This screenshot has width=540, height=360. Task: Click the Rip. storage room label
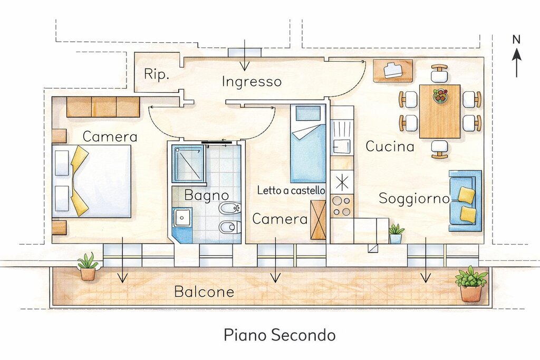click(156, 74)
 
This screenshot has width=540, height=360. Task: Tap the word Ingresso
click(252, 82)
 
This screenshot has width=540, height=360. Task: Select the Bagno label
click(207, 195)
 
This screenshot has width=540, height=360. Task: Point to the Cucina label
click(390, 147)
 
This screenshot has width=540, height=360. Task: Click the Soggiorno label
click(414, 199)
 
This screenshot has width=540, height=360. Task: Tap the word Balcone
click(204, 292)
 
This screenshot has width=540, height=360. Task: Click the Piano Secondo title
click(279, 335)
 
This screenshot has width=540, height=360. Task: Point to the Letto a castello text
click(291, 190)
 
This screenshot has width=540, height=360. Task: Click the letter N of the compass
click(516, 40)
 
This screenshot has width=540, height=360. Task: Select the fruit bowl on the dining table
click(440, 95)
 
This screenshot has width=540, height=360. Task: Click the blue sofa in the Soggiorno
click(465, 201)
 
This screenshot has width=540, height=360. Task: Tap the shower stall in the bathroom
click(189, 164)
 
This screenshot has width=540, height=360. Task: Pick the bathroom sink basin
click(182, 217)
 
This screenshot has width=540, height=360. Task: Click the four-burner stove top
click(342, 206)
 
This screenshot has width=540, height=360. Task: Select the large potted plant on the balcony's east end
click(471, 284)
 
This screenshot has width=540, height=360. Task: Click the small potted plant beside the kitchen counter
click(396, 233)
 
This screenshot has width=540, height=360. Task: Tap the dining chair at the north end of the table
click(439, 73)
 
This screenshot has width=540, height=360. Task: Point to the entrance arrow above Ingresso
click(245, 55)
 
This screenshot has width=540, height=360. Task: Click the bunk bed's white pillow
click(307, 113)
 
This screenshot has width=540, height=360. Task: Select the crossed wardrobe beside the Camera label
click(318, 220)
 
